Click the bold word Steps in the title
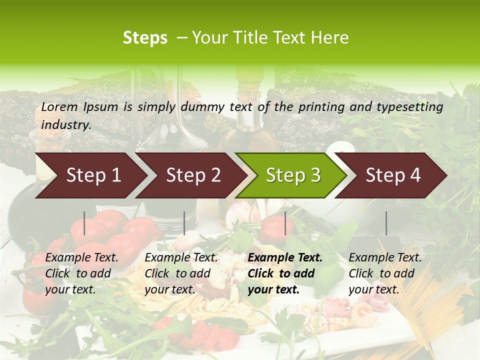point(145,38)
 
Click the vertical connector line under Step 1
point(84,223)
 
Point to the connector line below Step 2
point(184,223)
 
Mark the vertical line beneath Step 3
point(285,223)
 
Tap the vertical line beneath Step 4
point(386,223)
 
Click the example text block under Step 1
point(81,273)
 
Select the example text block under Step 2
point(181,273)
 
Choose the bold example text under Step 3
point(285,273)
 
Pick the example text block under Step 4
point(385,273)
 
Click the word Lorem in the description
point(59,106)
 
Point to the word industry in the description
point(65,125)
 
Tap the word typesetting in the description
point(413,106)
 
